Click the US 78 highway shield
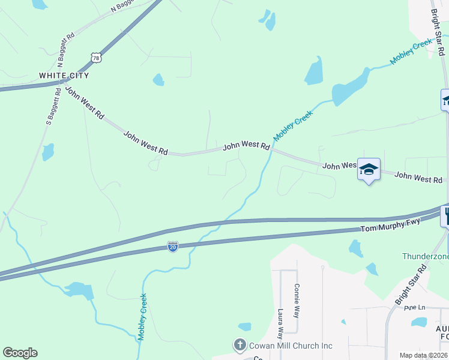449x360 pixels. pos(96,57)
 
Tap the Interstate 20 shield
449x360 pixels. pos(172,247)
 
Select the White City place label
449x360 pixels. pos(64,76)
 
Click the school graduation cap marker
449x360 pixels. pos(369,169)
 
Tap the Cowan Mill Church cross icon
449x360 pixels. pos(239,345)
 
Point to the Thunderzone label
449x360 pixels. pos(425,256)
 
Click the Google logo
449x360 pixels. pos(20,353)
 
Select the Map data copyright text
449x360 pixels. pos(423,355)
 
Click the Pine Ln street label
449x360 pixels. pos(414,307)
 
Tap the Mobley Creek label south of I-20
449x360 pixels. pos(142,317)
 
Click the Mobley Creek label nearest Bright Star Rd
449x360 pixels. pos(412,52)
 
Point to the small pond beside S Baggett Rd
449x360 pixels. pos(48,152)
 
